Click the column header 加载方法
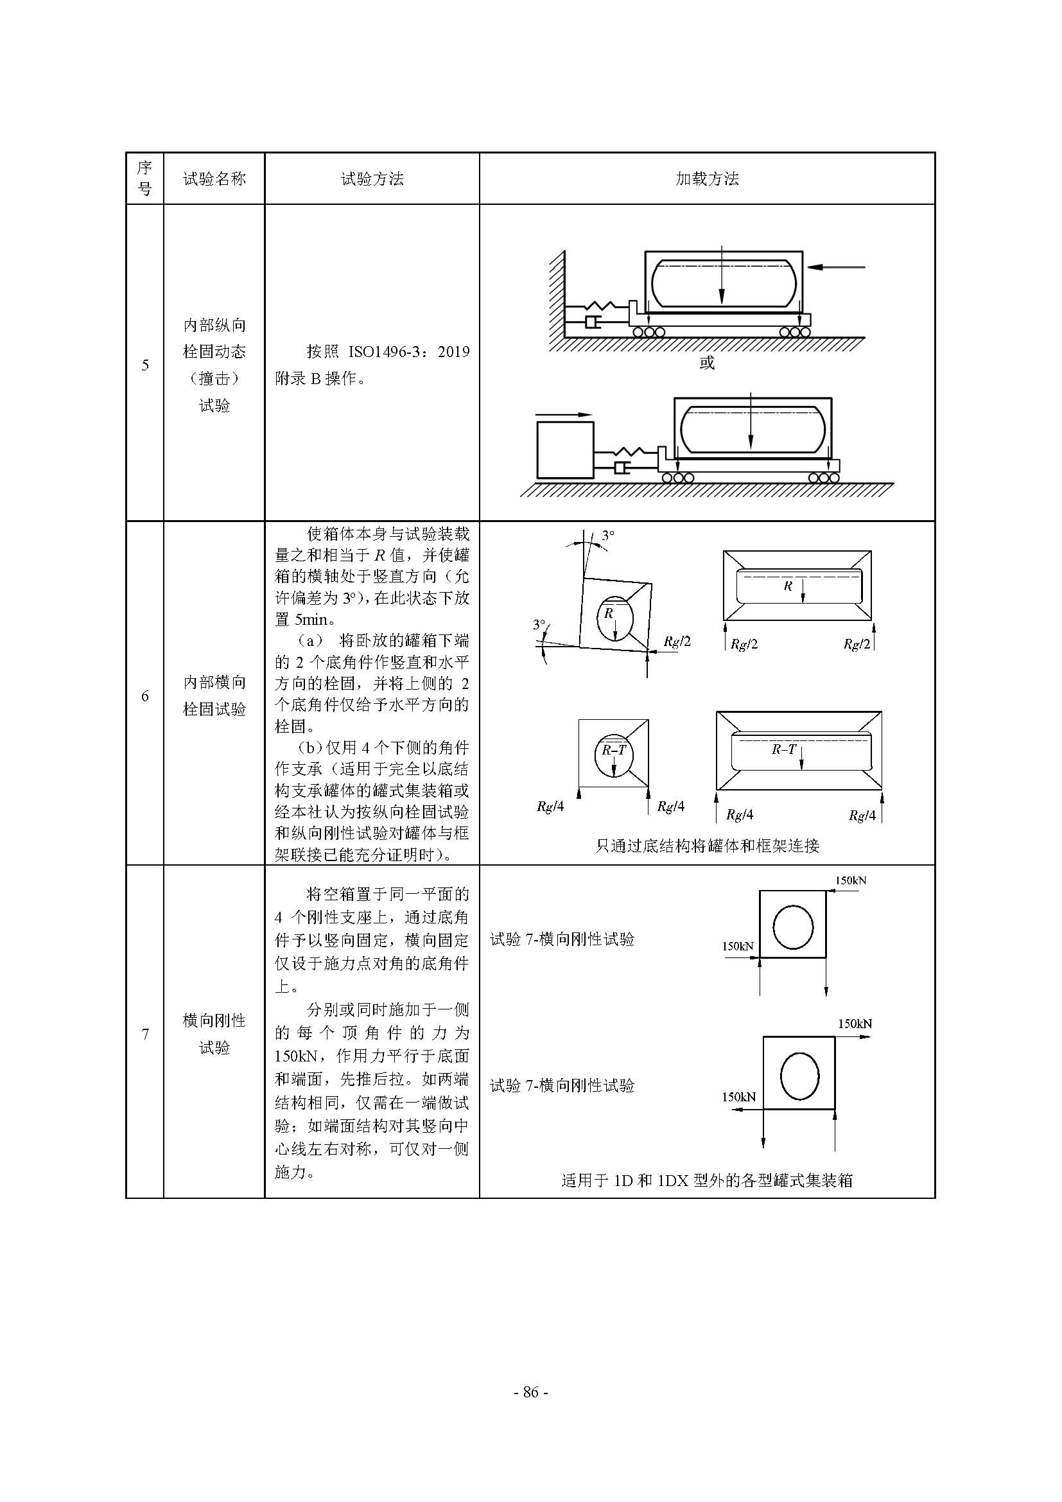[707, 179]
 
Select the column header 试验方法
[372, 179]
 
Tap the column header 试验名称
[214, 179]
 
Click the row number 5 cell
[145, 365]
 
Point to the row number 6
[145, 696]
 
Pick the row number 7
[145, 1035]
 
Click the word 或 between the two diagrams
[707, 362]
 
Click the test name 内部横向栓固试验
[214, 696]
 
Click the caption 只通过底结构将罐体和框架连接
[707, 846]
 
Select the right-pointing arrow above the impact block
[564, 414]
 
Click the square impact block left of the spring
[565, 450]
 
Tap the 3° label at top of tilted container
[608, 535]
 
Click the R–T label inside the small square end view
[613, 749]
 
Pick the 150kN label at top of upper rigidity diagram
[850, 880]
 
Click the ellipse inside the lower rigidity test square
[799, 1076]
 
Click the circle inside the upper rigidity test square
[792, 927]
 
